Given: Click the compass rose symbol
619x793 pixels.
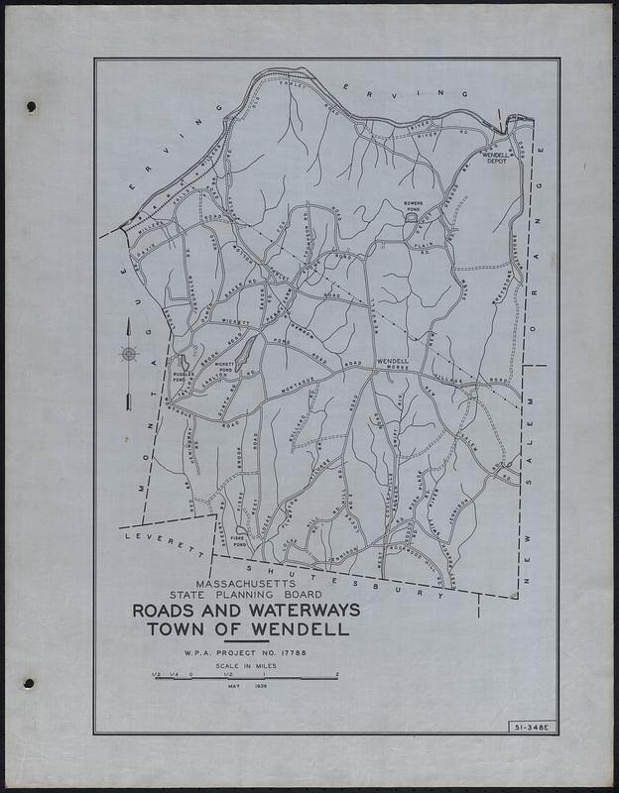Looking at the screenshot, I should click(x=128, y=354).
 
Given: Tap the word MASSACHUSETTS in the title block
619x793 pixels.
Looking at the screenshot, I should click(x=247, y=584).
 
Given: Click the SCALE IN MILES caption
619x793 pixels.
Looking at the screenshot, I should click(x=244, y=668).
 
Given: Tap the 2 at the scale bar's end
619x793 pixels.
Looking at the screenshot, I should click(x=338, y=675).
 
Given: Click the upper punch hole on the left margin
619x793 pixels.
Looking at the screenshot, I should click(x=30, y=105).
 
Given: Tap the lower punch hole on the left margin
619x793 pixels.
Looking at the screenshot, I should click(x=30, y=684).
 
